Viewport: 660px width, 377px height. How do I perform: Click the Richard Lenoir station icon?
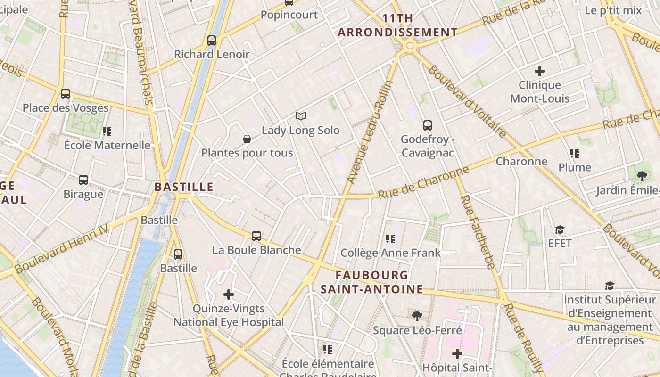212,41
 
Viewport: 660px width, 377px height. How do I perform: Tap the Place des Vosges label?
66,108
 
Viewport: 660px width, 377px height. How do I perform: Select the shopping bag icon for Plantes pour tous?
247,139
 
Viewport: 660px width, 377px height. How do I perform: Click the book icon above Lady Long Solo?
301,116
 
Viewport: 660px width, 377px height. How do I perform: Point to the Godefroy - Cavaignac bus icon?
428,125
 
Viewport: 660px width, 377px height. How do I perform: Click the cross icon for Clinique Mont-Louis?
540,71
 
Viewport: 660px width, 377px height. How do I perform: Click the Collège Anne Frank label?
390,253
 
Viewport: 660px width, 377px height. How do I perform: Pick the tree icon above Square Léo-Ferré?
417,316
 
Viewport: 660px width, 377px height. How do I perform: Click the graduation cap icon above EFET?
560,229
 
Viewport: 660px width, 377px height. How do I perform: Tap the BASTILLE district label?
184,187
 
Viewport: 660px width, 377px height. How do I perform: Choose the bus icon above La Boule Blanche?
256,236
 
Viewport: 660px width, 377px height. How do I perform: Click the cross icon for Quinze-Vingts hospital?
229,295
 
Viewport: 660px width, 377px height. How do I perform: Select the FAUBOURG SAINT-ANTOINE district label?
372,282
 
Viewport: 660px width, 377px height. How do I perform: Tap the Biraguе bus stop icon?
83,180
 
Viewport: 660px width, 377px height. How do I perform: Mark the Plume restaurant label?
575,167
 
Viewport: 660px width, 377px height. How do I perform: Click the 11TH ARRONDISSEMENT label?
398,25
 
